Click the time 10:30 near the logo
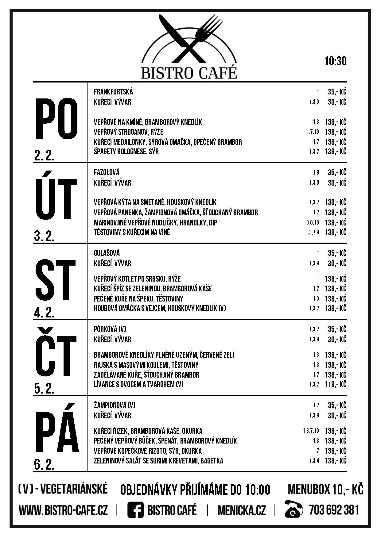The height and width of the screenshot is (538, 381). [336, 61]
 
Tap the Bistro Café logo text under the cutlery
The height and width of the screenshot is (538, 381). [189, 73]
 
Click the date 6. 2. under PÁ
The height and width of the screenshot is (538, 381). [44, 465]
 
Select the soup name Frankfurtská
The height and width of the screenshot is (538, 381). [113, 92]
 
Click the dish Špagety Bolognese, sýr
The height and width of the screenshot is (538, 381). [126, 152]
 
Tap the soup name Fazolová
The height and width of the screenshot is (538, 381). [107, 172]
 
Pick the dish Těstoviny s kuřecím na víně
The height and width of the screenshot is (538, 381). [132, 232]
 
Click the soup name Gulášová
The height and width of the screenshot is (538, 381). [107, 253]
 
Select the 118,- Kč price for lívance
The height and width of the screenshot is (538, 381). [336, 384]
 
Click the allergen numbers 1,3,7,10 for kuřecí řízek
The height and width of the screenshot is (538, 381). [311, 431]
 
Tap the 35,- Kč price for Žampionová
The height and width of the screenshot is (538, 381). [337, 405]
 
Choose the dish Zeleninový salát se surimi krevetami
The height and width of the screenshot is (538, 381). [158, 461]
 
